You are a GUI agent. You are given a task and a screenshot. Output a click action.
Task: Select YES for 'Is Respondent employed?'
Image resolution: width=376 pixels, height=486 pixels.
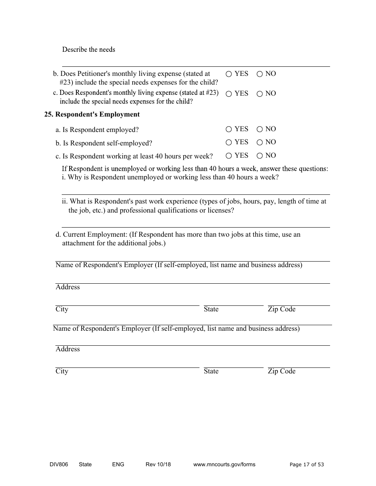pos(229,129)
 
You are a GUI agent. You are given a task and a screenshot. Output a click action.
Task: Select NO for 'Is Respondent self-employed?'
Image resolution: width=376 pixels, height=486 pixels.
pos(260,142)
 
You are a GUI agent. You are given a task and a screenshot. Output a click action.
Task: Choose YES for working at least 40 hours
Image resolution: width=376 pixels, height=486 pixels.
pos(229,156)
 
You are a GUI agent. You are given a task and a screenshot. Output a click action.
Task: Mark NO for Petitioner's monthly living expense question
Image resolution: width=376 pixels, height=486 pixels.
pos(260,74)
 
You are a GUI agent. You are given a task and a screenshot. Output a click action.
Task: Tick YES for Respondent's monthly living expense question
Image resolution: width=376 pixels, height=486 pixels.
pos(229,94)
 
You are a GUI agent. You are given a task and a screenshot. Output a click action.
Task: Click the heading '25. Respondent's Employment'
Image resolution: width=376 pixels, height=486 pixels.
pos(92,115)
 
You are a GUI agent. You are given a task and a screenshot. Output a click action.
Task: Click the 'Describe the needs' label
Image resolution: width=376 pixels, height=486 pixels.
pos(89,50)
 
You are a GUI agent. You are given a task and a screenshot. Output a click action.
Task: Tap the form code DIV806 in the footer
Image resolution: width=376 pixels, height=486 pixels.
pos(56,465)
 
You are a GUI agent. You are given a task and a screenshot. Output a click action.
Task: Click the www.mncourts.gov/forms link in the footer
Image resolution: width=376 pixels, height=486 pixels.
pos(224,465)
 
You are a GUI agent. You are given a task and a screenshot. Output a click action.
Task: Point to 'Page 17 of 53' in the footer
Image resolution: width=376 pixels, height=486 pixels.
pos(307,465)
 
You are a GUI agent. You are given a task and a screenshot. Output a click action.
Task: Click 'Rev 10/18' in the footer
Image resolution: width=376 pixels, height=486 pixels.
pos(158,465)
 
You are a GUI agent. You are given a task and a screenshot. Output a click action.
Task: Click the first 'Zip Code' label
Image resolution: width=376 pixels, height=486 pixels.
pos(281,309)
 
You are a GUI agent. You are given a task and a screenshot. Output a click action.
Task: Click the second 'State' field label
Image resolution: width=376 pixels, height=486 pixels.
pos(211,371)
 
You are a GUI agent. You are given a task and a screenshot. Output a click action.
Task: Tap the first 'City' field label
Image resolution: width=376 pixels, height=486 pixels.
pos(62,309)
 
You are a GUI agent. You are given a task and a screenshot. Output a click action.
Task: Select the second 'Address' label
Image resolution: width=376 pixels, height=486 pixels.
pos(68,349)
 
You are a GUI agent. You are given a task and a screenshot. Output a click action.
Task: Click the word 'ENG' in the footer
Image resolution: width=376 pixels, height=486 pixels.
pos(118,465)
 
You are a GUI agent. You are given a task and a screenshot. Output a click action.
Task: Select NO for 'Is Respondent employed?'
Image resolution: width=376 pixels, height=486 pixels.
pos(260,129)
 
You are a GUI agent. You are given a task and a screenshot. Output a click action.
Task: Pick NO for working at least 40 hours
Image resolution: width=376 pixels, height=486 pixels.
pos(260,156)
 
